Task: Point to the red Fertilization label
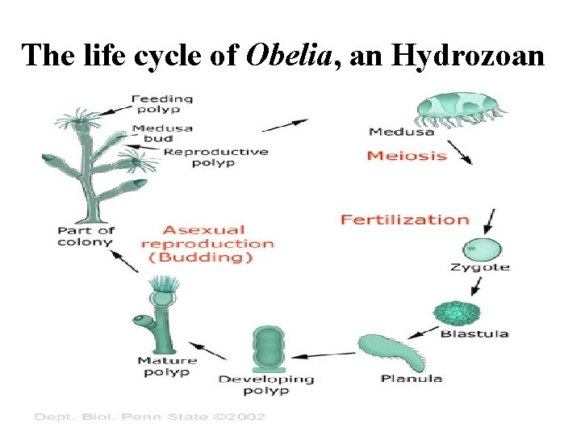coord(404,220)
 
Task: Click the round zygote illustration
coord(482,249)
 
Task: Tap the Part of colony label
coord(85,237)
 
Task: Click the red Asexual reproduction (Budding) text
coord(207,244)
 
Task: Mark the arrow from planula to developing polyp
coord(323,354)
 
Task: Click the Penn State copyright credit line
coord(149,417)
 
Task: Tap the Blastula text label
coord(474,333)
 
